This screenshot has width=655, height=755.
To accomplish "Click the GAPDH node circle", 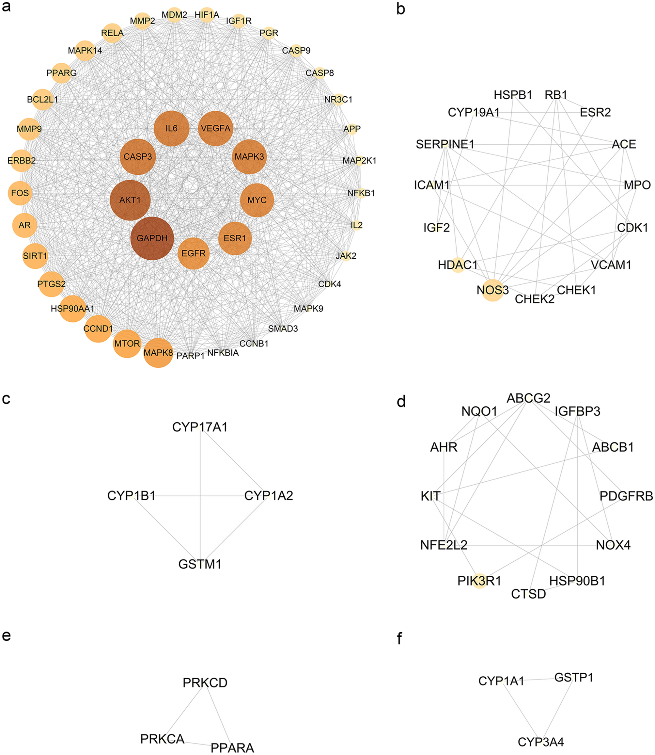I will click(152, 238).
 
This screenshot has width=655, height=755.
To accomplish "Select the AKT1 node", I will click(130, 200).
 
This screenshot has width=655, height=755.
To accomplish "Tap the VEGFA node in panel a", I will click(216, 128).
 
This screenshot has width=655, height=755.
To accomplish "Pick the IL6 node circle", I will click(171, 128).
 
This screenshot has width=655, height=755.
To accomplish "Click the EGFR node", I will click(193, 253).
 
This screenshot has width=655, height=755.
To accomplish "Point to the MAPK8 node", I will click(158, 353).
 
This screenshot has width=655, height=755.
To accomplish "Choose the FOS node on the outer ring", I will click(20, 193).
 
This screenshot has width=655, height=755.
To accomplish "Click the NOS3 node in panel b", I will click(493, 290).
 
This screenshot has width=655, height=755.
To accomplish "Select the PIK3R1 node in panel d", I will click(479, 581).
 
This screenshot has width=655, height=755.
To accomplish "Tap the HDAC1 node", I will click(458, 265).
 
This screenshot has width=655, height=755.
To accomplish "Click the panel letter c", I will click(6, 399).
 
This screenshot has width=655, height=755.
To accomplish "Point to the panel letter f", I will click(399, 639).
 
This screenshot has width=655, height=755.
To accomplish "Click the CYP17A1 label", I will click(200, 427).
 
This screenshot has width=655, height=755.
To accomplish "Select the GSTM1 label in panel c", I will click(200, 564).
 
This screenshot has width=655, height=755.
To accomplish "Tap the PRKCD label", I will click(205, 683).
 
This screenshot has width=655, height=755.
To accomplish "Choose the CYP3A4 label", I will click(540, 742).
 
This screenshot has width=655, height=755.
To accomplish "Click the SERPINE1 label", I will click(445, 144).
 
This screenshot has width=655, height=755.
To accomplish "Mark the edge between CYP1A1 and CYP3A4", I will click(522, 712).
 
